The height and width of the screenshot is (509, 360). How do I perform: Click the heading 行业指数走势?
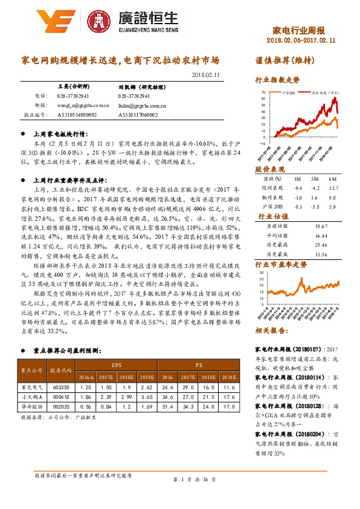point(277,80)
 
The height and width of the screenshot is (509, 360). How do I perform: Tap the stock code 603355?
point(62,386)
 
